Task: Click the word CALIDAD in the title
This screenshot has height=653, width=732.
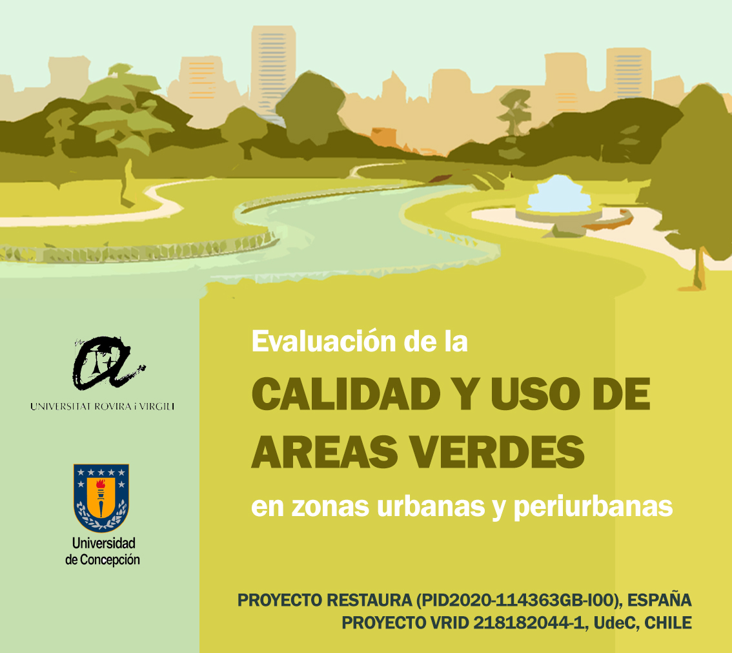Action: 346,394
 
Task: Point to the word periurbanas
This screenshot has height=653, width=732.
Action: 593,507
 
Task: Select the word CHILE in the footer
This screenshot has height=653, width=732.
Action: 668,623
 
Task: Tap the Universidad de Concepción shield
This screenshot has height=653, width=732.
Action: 101,497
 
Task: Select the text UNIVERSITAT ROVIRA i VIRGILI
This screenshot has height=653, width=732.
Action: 102,406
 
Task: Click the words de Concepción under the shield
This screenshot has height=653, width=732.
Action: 102,559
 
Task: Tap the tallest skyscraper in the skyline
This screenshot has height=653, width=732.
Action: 273,70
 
